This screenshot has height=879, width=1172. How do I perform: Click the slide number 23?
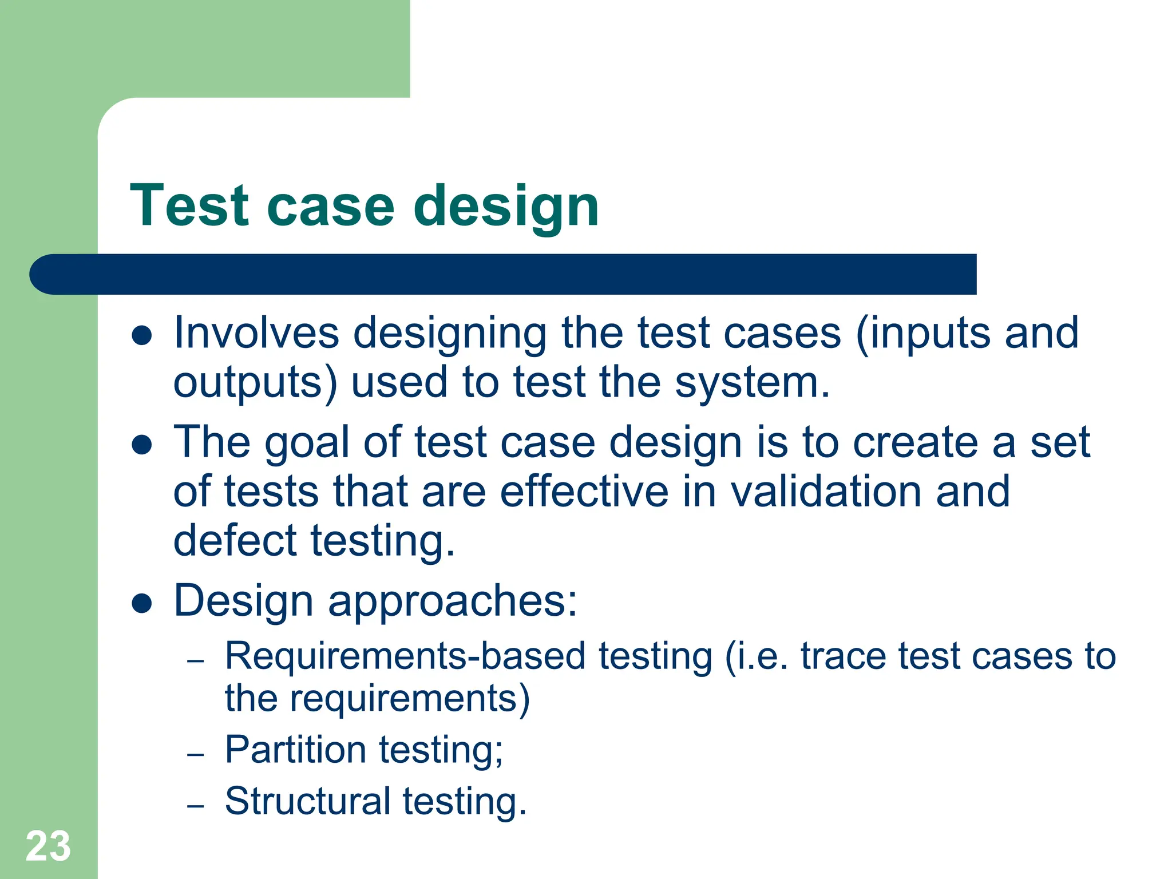(48, 846)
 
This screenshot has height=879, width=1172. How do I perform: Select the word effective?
(584, 492)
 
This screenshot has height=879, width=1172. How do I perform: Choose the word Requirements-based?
(405, 656)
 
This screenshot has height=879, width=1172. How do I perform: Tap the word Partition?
(295, 750)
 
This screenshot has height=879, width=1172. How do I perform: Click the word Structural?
(307, 801)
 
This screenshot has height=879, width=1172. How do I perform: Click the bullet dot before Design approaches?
(141, 603)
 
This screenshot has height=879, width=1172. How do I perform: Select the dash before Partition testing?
(196, 754)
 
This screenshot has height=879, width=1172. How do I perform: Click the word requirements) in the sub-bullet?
(410, 699)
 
